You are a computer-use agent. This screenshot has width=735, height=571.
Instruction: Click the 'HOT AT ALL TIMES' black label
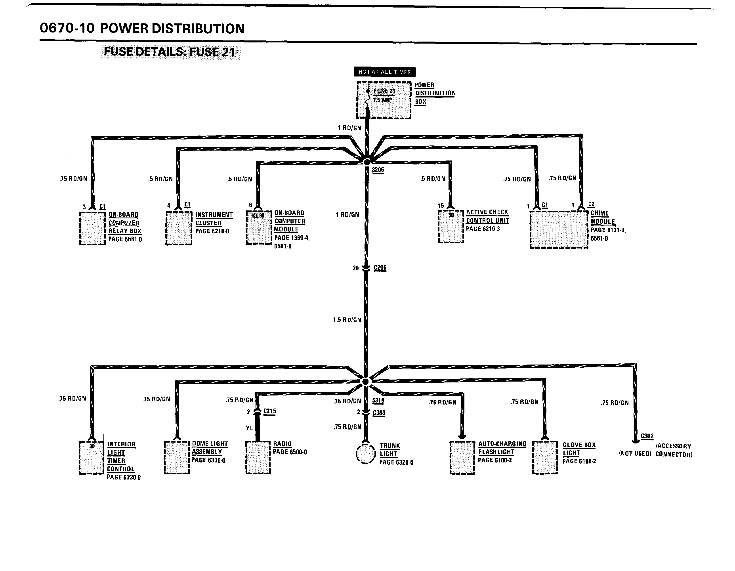pyautogui.click(x=384, y=72)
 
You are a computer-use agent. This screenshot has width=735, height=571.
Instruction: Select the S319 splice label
pyautogui.click(x=378, y=401)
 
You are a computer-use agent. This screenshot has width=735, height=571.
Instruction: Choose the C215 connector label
pyautogui.click(x=269, y=411)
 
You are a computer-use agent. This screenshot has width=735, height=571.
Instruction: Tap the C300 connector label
pyautogui.click(x=379, y=413)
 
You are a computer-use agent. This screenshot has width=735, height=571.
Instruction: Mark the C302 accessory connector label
pyautogui.click(x=647, y=436)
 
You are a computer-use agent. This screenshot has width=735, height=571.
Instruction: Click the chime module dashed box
pyautogui.click(x=559, y=229)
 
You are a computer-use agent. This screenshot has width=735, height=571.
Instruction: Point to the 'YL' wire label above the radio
pyautogui.click(x=249, y=428)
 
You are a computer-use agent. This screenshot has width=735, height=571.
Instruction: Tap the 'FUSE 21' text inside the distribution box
pyautogui.click(x=384, y=91)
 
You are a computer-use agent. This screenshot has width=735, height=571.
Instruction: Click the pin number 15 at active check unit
pyautogui.click(x=441, y=206)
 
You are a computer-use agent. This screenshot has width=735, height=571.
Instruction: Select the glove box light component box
pyautogui.click(x=545, y=457)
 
